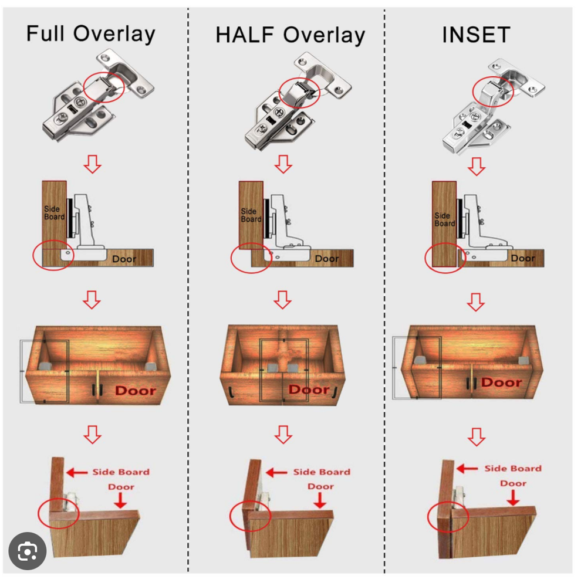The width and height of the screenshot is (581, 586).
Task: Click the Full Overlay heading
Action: coord(90,35)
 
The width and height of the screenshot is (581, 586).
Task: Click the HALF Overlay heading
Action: coord(290,36)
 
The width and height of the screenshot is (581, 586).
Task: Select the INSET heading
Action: coord(476,35)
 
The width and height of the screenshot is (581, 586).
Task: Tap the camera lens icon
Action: coord(28,551)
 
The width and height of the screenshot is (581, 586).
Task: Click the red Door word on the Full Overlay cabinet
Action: coord(136,391)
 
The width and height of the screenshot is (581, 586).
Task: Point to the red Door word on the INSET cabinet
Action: coord(501,382)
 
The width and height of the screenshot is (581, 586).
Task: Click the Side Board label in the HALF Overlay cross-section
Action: coord(251,215)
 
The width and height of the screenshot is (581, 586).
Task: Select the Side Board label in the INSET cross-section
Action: coord(444,219)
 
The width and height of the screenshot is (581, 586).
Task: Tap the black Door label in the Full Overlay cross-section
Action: coord(124,259)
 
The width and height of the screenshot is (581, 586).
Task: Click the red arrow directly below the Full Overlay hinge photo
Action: coord(92,164)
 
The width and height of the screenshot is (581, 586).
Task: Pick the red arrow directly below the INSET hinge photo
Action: coord(477,167)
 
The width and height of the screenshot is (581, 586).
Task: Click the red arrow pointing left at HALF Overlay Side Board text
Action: coord(276,473)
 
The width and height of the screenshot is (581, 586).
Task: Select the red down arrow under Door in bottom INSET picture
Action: coord(513,498)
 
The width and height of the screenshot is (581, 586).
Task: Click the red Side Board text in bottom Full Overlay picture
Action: coord(121,472)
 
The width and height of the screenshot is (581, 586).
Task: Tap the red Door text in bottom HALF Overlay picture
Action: coord(320,486)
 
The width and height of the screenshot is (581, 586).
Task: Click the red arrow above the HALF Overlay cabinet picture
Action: coord(283,300)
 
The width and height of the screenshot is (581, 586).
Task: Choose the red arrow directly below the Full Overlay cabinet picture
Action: coord(92,434)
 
